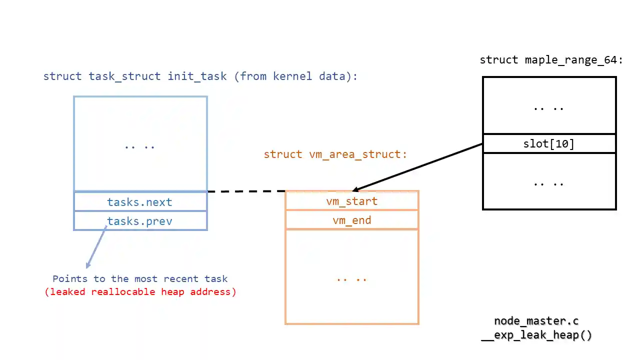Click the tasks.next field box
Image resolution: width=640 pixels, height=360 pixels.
(x=140, y=201)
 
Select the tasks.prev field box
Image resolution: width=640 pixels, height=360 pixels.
(x=140, y=221)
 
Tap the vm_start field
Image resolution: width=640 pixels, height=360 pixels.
(x=351, y=201)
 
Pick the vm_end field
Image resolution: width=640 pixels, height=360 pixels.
(x=351, y=220)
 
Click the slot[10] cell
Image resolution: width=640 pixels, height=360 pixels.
(x=549, y=144)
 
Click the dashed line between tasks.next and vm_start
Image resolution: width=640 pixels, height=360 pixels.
(x=246, y=191)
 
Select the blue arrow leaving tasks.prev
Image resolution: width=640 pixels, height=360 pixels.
(x=96, y=248)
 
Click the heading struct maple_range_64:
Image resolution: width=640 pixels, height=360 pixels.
(x=551, y=60)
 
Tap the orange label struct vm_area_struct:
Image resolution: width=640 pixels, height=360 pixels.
(x=335, y=154)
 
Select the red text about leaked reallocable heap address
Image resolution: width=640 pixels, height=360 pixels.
(x=140, y=291)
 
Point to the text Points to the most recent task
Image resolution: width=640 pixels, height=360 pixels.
(x=140, y=278)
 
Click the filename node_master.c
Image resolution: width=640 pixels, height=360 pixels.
(x=536, y=321)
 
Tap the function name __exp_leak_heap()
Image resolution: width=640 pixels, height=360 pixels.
(x=536, y=335)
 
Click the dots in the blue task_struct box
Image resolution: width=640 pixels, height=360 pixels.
(x=140, y=146)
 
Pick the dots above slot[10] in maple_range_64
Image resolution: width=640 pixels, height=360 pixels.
(x=549, y=107)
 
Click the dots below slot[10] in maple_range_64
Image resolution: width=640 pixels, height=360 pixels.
(x=549, y=183)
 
